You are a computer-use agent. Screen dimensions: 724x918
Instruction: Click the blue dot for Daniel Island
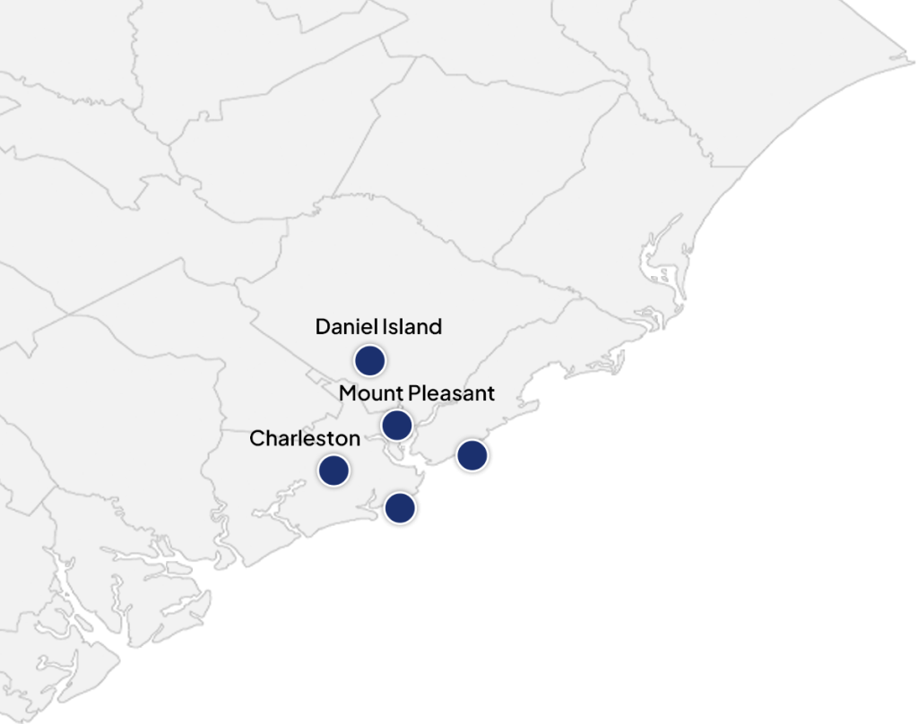[x=369, y=360]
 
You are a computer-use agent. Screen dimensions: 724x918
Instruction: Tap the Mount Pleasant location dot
[x=396, y=424]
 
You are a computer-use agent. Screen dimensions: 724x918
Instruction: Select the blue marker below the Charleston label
[x=333, y=470]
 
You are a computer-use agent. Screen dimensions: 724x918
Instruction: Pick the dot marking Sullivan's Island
[x=472, y=455]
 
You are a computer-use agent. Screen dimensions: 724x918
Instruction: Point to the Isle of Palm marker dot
[x=400, y=508]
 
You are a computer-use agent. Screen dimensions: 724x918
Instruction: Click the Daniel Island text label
[x=378, y=327]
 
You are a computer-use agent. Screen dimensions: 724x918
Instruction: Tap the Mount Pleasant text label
[x=417, y=393]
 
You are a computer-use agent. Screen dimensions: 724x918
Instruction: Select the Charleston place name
[x=305, y=438]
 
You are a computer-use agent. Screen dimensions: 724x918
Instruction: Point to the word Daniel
[x=343, y=327]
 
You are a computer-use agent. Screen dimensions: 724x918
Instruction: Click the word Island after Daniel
[x=410, y=327]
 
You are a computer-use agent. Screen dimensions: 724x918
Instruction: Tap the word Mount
[x=371, y=393]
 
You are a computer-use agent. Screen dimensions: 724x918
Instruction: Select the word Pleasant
[x=451, y=393]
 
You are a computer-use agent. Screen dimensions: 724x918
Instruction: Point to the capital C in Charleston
[x=256, y=438]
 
